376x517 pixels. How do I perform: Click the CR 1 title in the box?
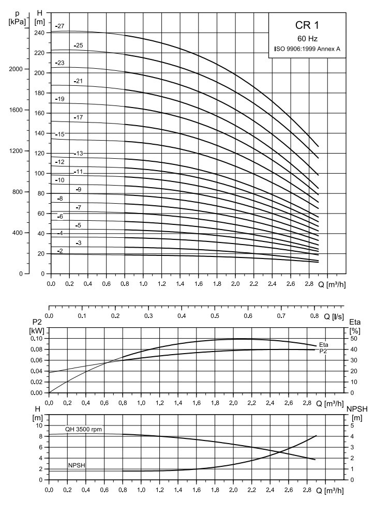[307, 25]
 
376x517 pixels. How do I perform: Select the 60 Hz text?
[307, 39]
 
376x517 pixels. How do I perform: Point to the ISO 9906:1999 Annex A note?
[307, 49]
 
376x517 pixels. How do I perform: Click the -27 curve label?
[59, 26]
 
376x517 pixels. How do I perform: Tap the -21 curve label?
[79, 81]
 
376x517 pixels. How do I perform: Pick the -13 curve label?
[79, 154]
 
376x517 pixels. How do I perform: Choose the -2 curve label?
[59, 251]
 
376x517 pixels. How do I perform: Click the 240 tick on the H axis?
[39, 33]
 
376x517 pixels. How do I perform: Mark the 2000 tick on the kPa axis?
[16, 69]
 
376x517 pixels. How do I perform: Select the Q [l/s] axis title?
[334, 317]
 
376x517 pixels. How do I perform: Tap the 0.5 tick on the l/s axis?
[215, 316]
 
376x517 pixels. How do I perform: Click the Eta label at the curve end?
[324, 345]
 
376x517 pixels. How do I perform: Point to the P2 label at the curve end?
[323, 351]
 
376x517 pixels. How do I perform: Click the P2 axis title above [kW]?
[38, 323]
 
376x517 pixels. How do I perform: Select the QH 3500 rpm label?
[83, 429]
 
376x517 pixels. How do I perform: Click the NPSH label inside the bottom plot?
[76, 465]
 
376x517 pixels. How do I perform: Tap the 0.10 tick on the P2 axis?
[37, 339]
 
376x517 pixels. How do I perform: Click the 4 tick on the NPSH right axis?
[352, 436]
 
